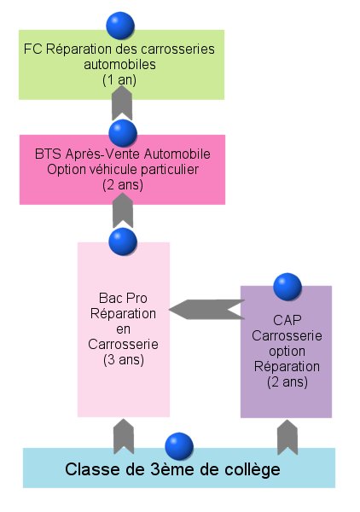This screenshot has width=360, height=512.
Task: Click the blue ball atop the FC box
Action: (x=120, y=26)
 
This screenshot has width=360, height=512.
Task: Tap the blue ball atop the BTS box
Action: (x=123, y=133)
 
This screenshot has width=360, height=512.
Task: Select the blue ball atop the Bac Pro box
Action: (x=123, y=241)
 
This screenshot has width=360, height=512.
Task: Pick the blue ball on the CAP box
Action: (x=287, y=287)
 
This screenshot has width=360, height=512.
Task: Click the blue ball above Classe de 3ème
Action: (x=179, y=446)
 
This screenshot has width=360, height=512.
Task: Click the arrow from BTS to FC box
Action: (x=122, y=103)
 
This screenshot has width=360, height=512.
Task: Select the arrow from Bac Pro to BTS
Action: (x=123, y=210)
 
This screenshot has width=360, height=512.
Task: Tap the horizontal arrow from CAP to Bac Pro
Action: (x=207, y=309)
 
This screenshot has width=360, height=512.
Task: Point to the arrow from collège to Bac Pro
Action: (x=124, y=436)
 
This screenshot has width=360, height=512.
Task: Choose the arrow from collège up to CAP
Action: (x=287, y=437)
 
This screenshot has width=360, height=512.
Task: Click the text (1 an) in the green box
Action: (x=119, y=80)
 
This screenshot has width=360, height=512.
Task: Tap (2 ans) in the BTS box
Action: (x=123, y=185)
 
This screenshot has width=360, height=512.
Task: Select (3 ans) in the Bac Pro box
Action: (x=124, y=360)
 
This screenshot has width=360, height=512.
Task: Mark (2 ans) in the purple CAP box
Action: (x=287, y=381)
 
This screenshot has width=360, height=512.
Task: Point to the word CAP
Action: (x=287, y=320)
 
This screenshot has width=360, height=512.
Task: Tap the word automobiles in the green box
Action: (x=119, y=64)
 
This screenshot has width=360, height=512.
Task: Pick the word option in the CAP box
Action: (x=287, y=352)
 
